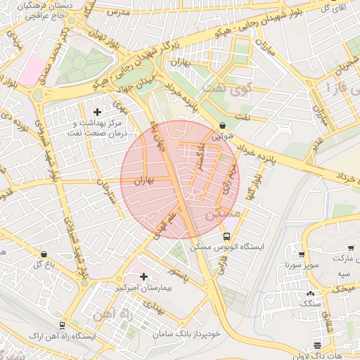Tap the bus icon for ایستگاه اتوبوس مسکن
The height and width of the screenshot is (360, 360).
pos(227,237)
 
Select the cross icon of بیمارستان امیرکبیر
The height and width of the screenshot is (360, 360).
pos(144,277)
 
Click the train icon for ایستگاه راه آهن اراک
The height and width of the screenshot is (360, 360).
pos(63,326)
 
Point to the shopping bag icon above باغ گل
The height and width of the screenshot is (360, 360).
pos(44,254)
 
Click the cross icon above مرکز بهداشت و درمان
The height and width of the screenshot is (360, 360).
pos(97,112)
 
